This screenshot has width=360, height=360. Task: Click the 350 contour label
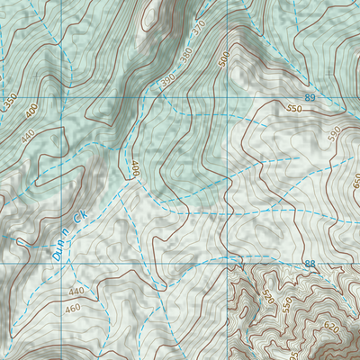[x=10, y=103]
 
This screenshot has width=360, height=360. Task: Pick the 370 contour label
[x=200, y=30]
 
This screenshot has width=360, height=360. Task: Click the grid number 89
[x=310, y=97]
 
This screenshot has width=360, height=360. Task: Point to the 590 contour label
[x=335, y=134]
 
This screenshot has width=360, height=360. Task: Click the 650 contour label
[x=355, y=179]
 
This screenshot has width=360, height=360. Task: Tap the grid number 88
[x=310, y=264]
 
